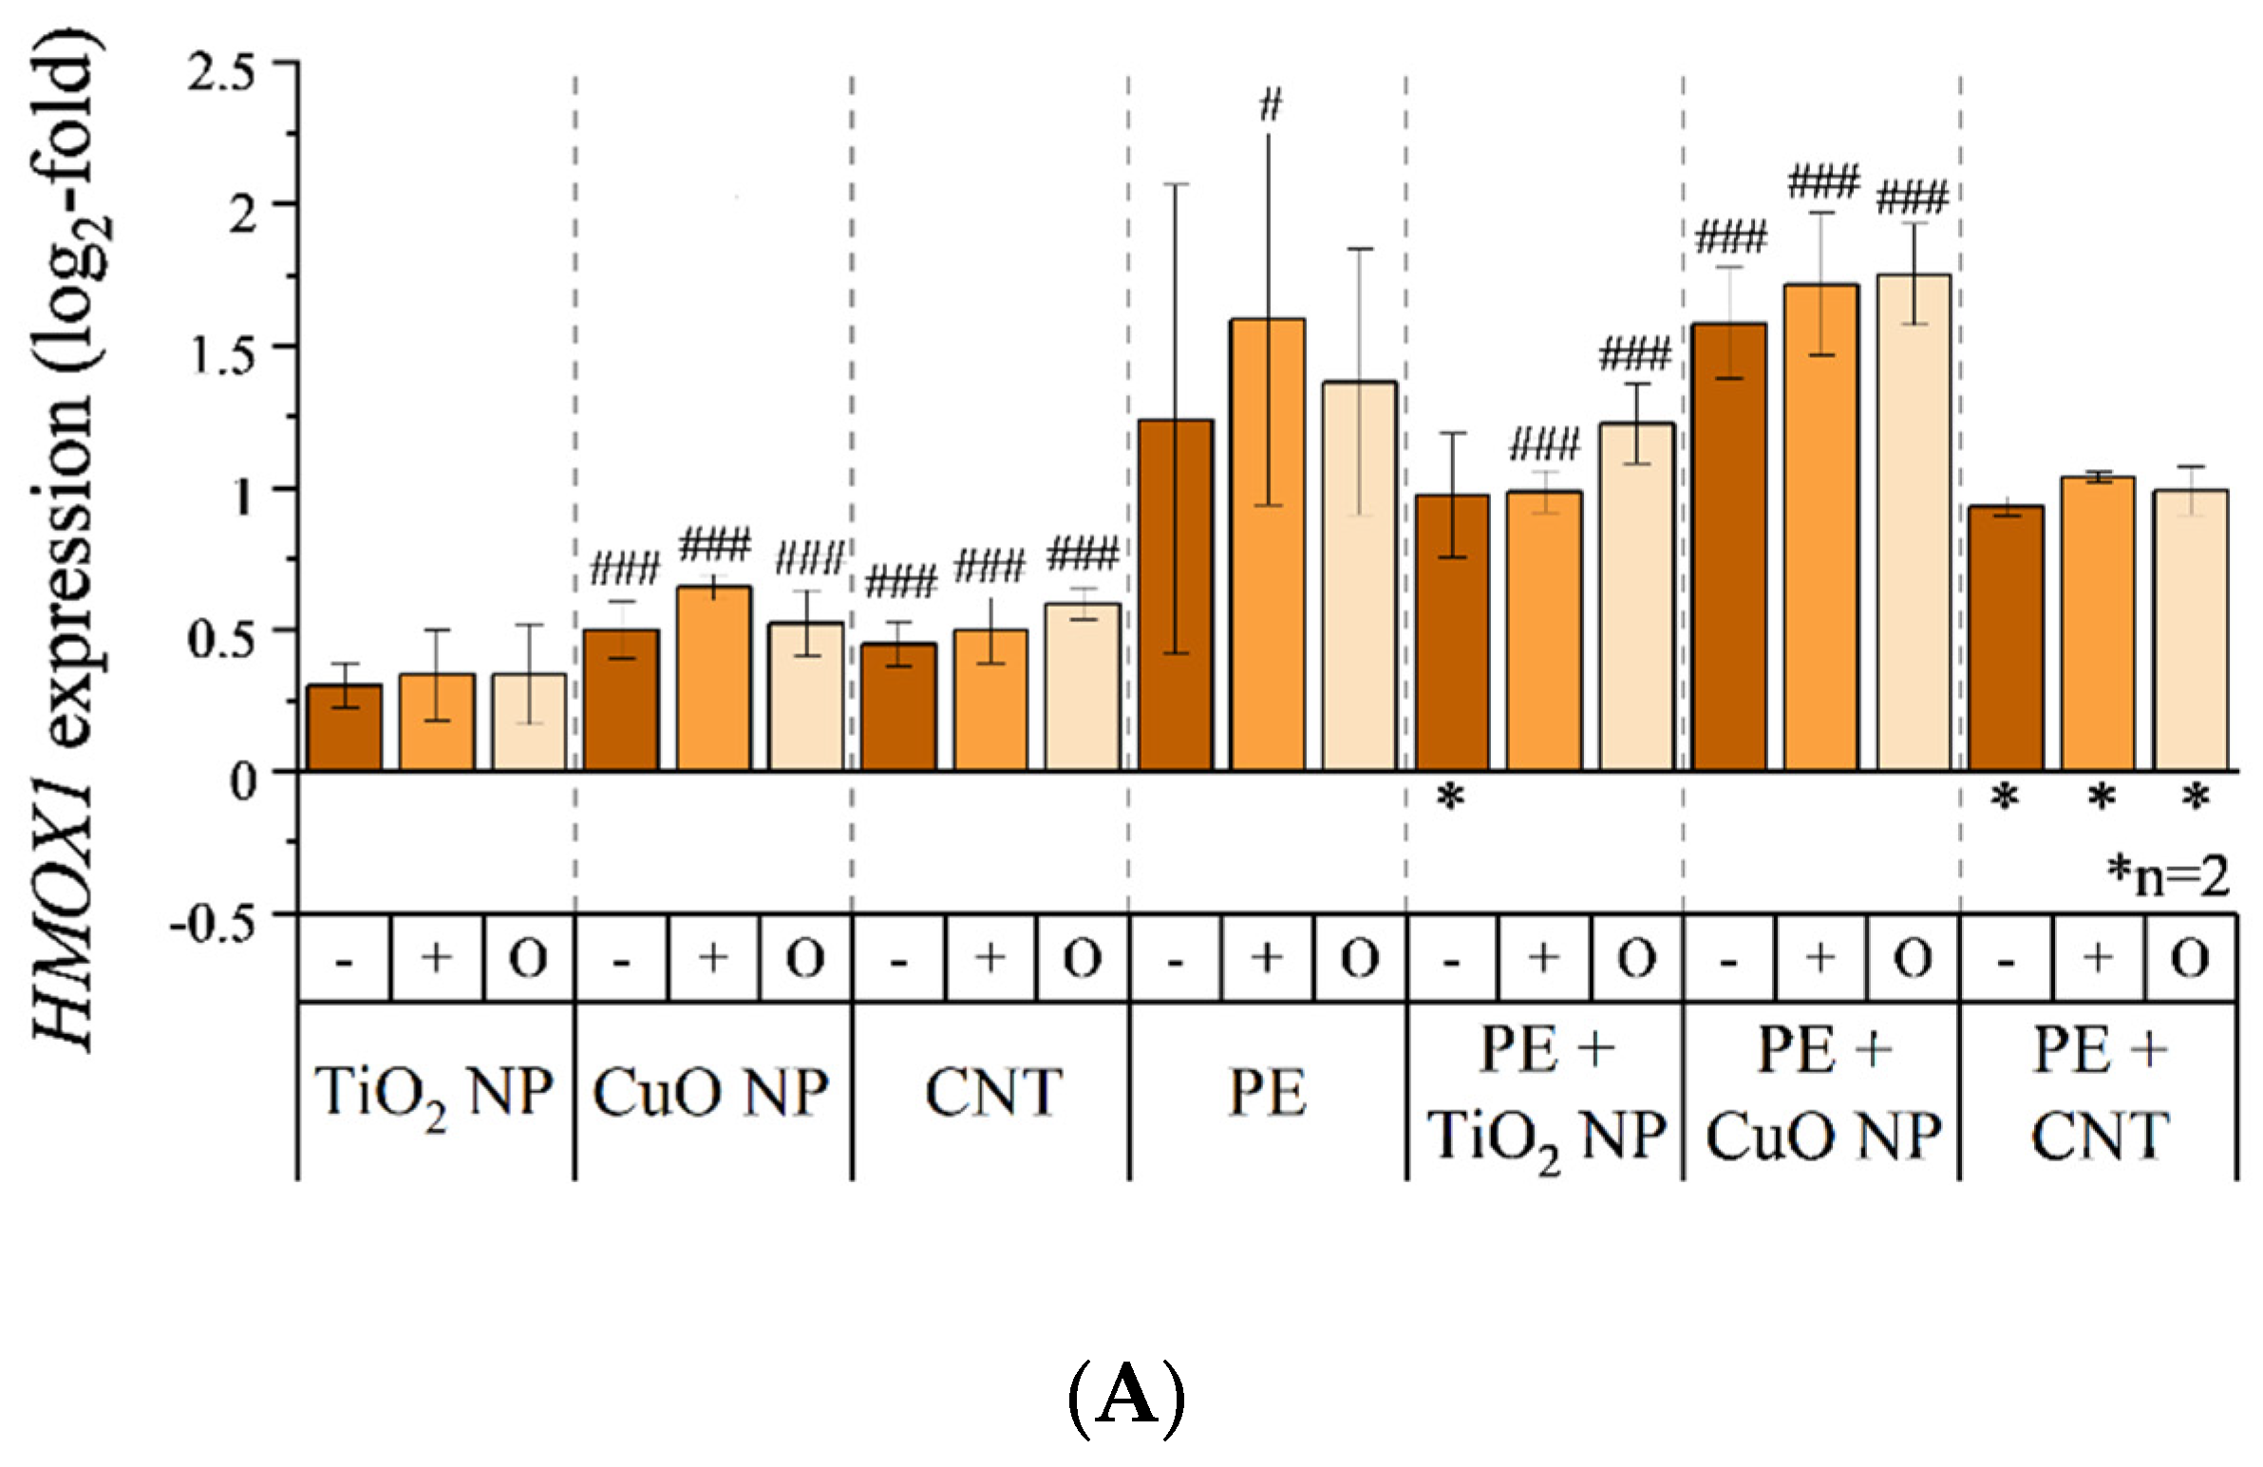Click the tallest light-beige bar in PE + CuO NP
[1914, 522]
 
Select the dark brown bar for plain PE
[1177, 595]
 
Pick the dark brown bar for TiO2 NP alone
[345, 727]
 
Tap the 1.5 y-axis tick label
[222, 355]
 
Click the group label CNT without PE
[991, 1092]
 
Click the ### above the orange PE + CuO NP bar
[1822, 180]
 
